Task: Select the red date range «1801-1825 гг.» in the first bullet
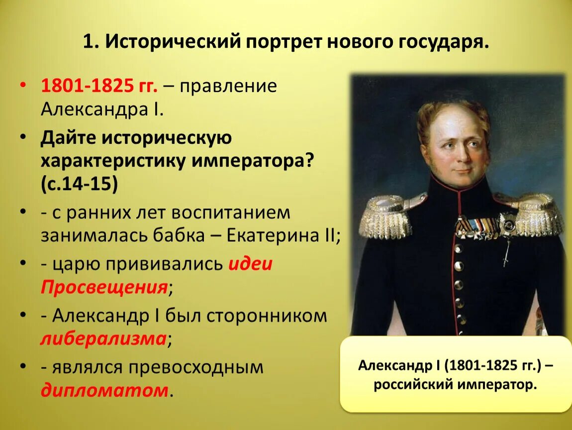point(99,86)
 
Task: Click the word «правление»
point(228,86)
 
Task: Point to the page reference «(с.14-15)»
point(80,185)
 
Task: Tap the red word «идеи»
point(250,263)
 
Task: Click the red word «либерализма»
point(103,339)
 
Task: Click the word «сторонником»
point(267,316)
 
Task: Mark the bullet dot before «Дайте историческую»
point(23,138)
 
